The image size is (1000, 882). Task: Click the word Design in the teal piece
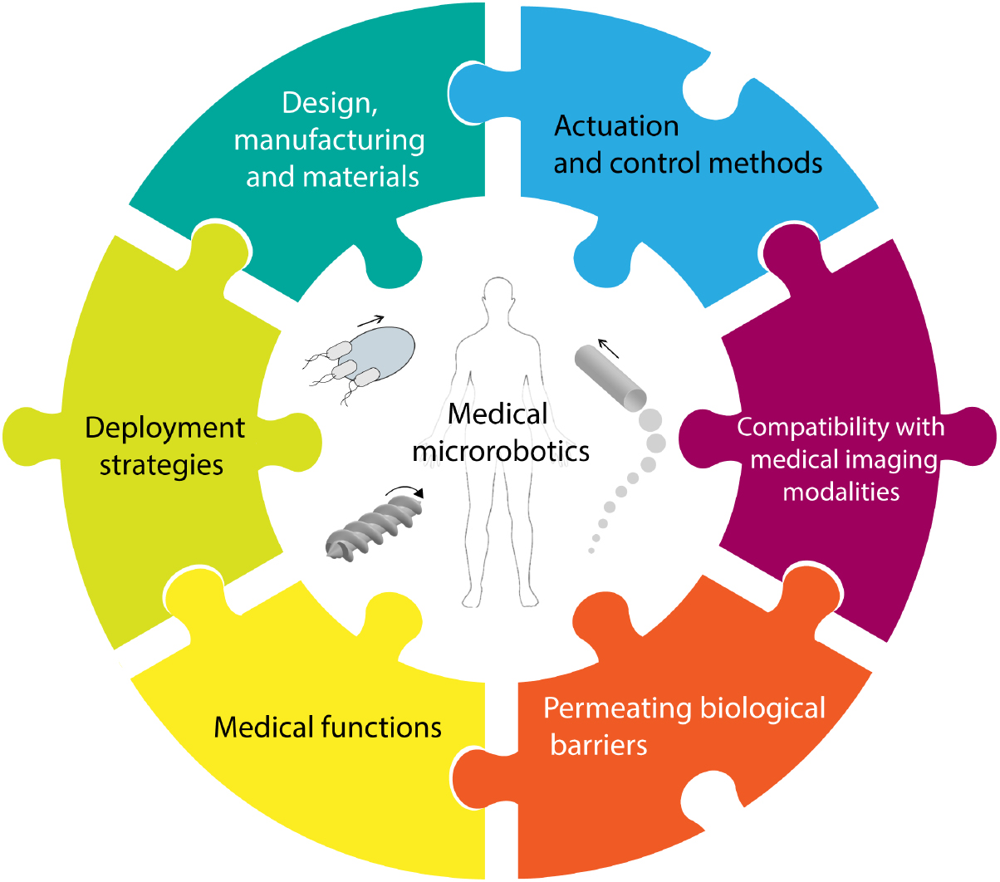click(330, 104)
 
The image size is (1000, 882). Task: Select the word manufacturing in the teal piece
click(329, 140)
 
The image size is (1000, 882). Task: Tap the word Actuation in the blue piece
click(616, 126)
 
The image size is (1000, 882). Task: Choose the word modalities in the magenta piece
click(841, 492)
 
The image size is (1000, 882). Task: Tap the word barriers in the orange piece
click(598, 745)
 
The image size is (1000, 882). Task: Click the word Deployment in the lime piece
click(164, 429)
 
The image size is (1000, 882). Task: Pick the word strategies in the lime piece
click(161, 465)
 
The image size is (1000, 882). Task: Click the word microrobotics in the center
click(501, 451)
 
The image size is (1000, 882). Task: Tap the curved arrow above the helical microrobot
click(405, 492)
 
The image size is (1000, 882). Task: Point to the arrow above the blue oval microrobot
click(370, 319)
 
